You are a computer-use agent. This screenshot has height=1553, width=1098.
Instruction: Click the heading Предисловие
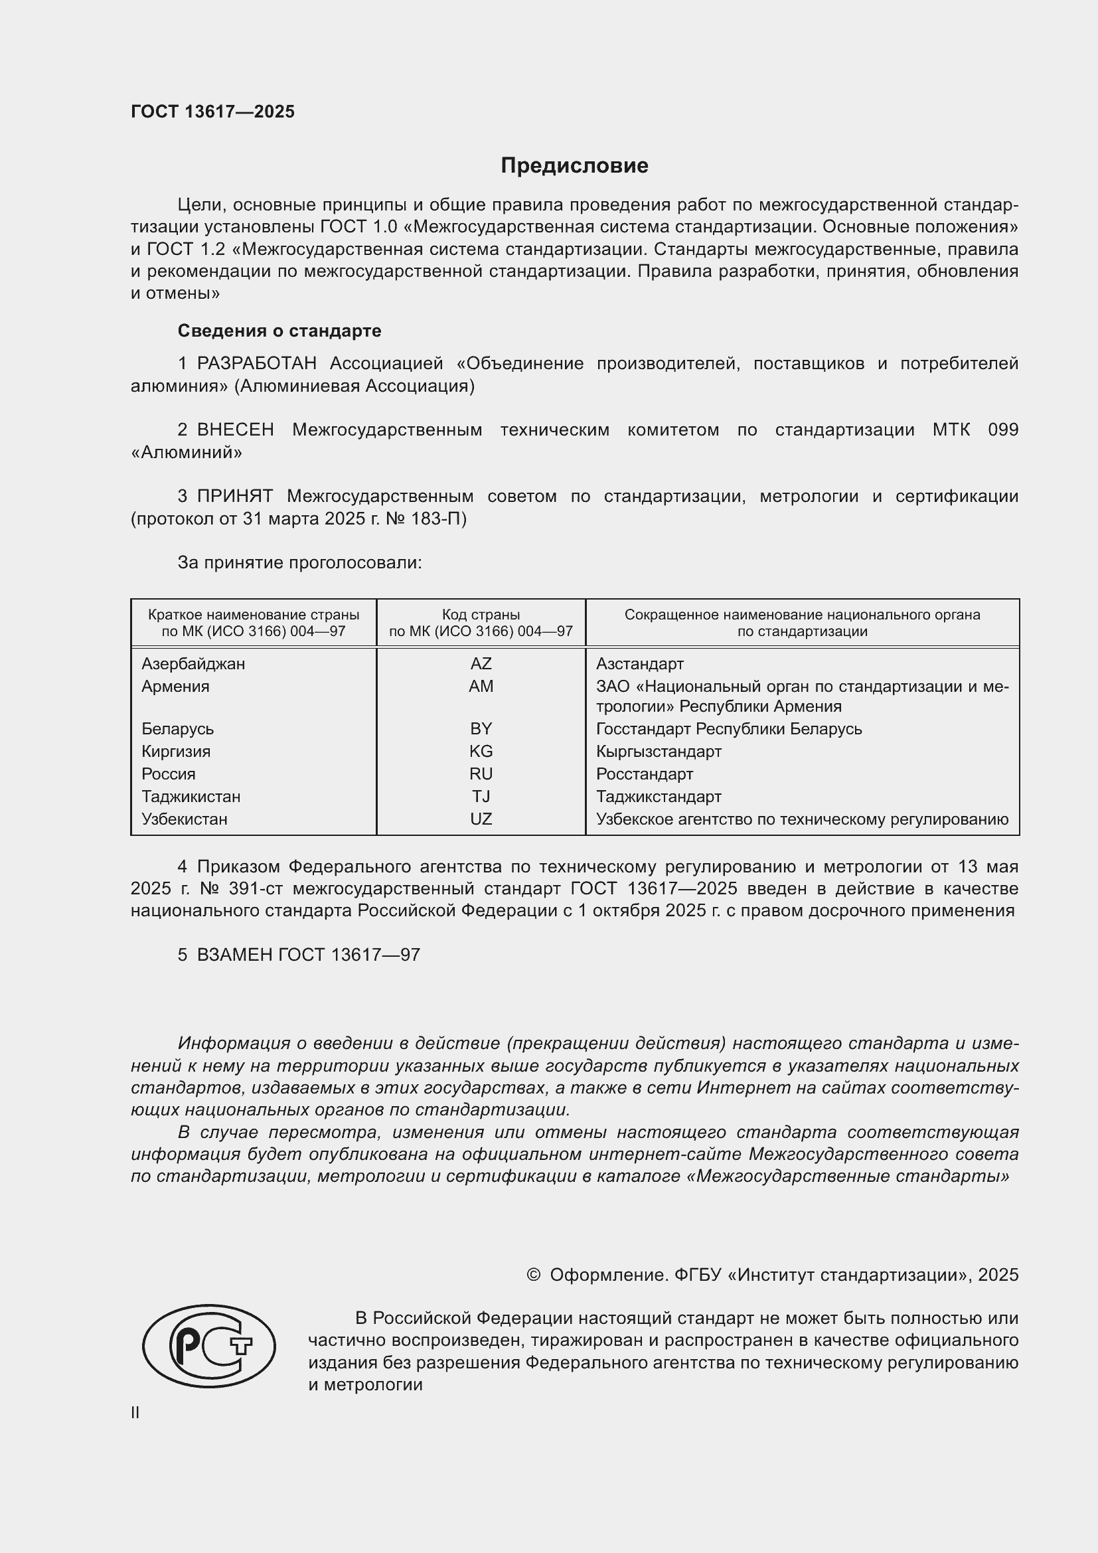(x=574, y=166)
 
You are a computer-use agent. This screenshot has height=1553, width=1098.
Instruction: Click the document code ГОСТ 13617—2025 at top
(x=213, y=112)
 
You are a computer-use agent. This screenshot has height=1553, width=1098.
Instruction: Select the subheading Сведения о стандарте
(x=279, y=331)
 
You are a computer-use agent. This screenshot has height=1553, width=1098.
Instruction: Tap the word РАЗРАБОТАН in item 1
(x=256, y=364)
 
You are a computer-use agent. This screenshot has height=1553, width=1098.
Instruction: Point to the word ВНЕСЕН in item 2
(x=235, y=430)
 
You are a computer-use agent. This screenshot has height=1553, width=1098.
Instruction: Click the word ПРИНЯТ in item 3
(x=234, y=497)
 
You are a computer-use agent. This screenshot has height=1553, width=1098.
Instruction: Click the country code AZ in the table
(x=481, y=663)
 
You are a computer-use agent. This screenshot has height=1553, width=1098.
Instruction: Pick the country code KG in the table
(x=481, y=752)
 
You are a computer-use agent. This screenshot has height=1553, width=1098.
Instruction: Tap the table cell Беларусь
(x=177, y=729)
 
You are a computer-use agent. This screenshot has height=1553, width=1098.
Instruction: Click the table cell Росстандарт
(x=645, y=774)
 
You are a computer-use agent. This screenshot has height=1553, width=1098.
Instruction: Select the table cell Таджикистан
(x=191, y=797)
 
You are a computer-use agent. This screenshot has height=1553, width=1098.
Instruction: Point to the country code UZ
(x=481, y=819)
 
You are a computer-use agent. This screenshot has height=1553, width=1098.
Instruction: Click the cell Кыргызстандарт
(x=659, y=752)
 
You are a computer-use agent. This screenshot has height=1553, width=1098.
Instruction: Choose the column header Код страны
(x=481, y=615)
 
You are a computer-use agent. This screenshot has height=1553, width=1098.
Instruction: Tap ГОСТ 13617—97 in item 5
(x=349, y=955)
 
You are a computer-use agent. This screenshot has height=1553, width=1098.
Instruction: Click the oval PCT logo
(x=209, y=1346)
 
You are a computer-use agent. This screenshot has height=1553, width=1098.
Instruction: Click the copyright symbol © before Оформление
(x=533, y=1275)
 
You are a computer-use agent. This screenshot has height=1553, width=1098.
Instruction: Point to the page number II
(x=135, y=1412)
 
